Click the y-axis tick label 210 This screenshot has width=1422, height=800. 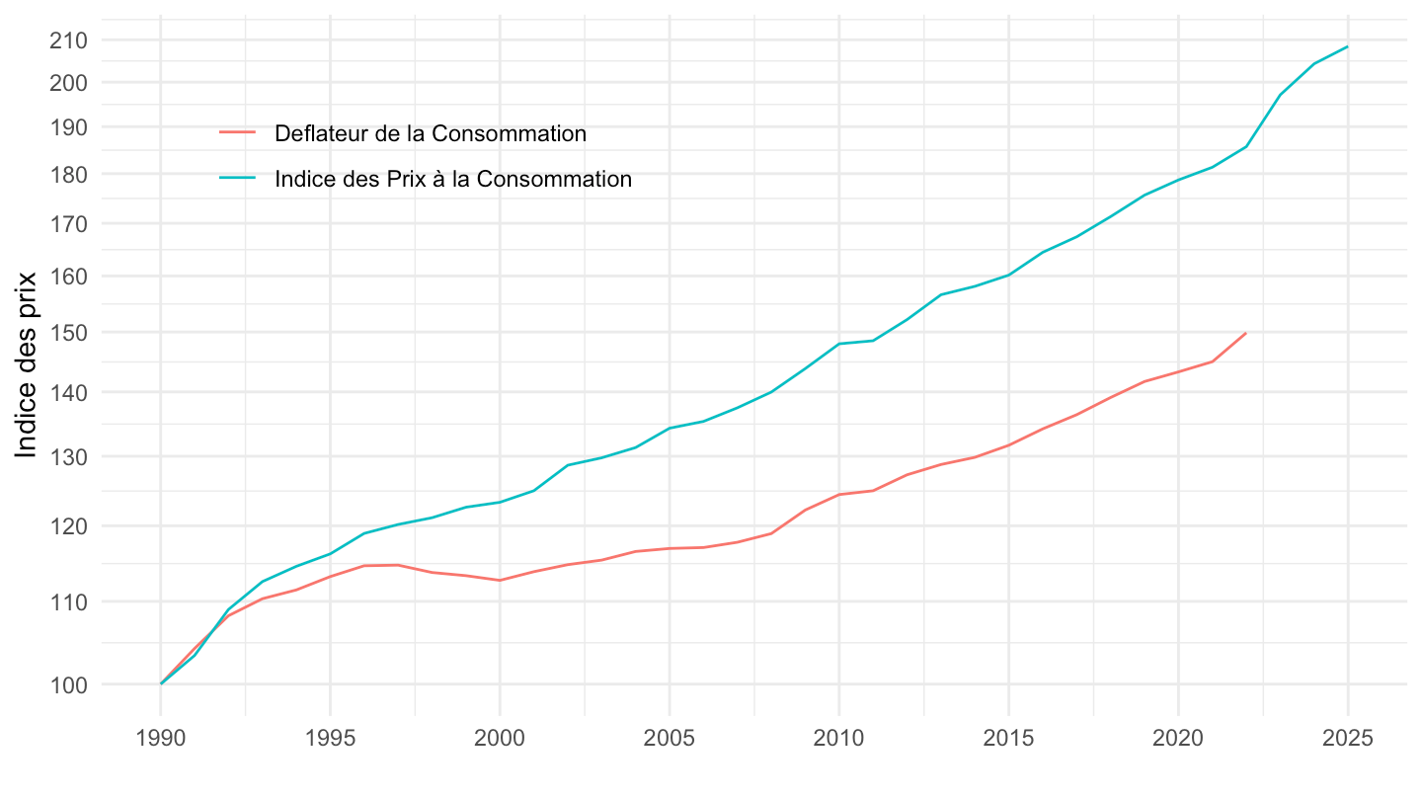point(71,40)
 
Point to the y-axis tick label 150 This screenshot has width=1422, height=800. point(71,333)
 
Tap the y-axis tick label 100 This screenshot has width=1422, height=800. point(71,684)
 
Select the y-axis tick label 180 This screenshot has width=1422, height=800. point(71,174)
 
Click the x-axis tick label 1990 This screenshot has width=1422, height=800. point(160,740)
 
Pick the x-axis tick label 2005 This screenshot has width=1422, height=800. point(670,740)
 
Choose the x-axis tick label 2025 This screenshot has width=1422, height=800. point(1348,740)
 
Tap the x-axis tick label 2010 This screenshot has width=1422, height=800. point(839,740)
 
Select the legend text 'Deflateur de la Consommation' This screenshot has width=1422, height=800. point(431,133)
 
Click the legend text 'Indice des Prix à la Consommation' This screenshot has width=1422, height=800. point(453,179)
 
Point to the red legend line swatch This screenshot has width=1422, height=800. point(237,133)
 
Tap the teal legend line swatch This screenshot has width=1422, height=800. point(237,179)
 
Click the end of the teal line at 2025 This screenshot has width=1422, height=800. point(1348,46)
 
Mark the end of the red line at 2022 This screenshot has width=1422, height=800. point(1246,333)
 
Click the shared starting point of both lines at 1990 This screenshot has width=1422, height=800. point(161,683)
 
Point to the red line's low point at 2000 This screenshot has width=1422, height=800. point(500,580)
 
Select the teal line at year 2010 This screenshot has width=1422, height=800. point(839,344)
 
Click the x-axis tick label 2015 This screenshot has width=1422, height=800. point(1008,740)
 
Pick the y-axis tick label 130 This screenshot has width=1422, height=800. point(71,457)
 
